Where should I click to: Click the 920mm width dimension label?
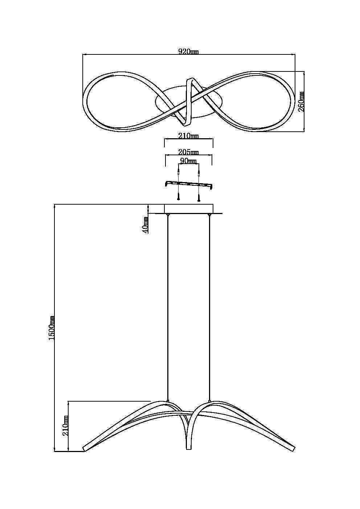188,52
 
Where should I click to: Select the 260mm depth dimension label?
301,101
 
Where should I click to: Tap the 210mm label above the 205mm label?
188,136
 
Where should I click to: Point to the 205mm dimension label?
188,152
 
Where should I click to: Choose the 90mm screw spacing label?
188,161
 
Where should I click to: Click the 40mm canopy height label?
146,225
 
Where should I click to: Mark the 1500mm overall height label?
52,328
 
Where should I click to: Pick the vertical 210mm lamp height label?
66,425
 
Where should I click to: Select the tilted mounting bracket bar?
189,184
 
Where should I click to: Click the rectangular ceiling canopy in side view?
189,209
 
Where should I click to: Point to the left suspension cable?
167,308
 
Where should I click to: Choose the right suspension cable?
209,308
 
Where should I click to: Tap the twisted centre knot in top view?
189,100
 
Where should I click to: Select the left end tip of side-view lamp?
85,449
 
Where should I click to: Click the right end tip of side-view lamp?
293,449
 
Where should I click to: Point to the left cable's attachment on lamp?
167,401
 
